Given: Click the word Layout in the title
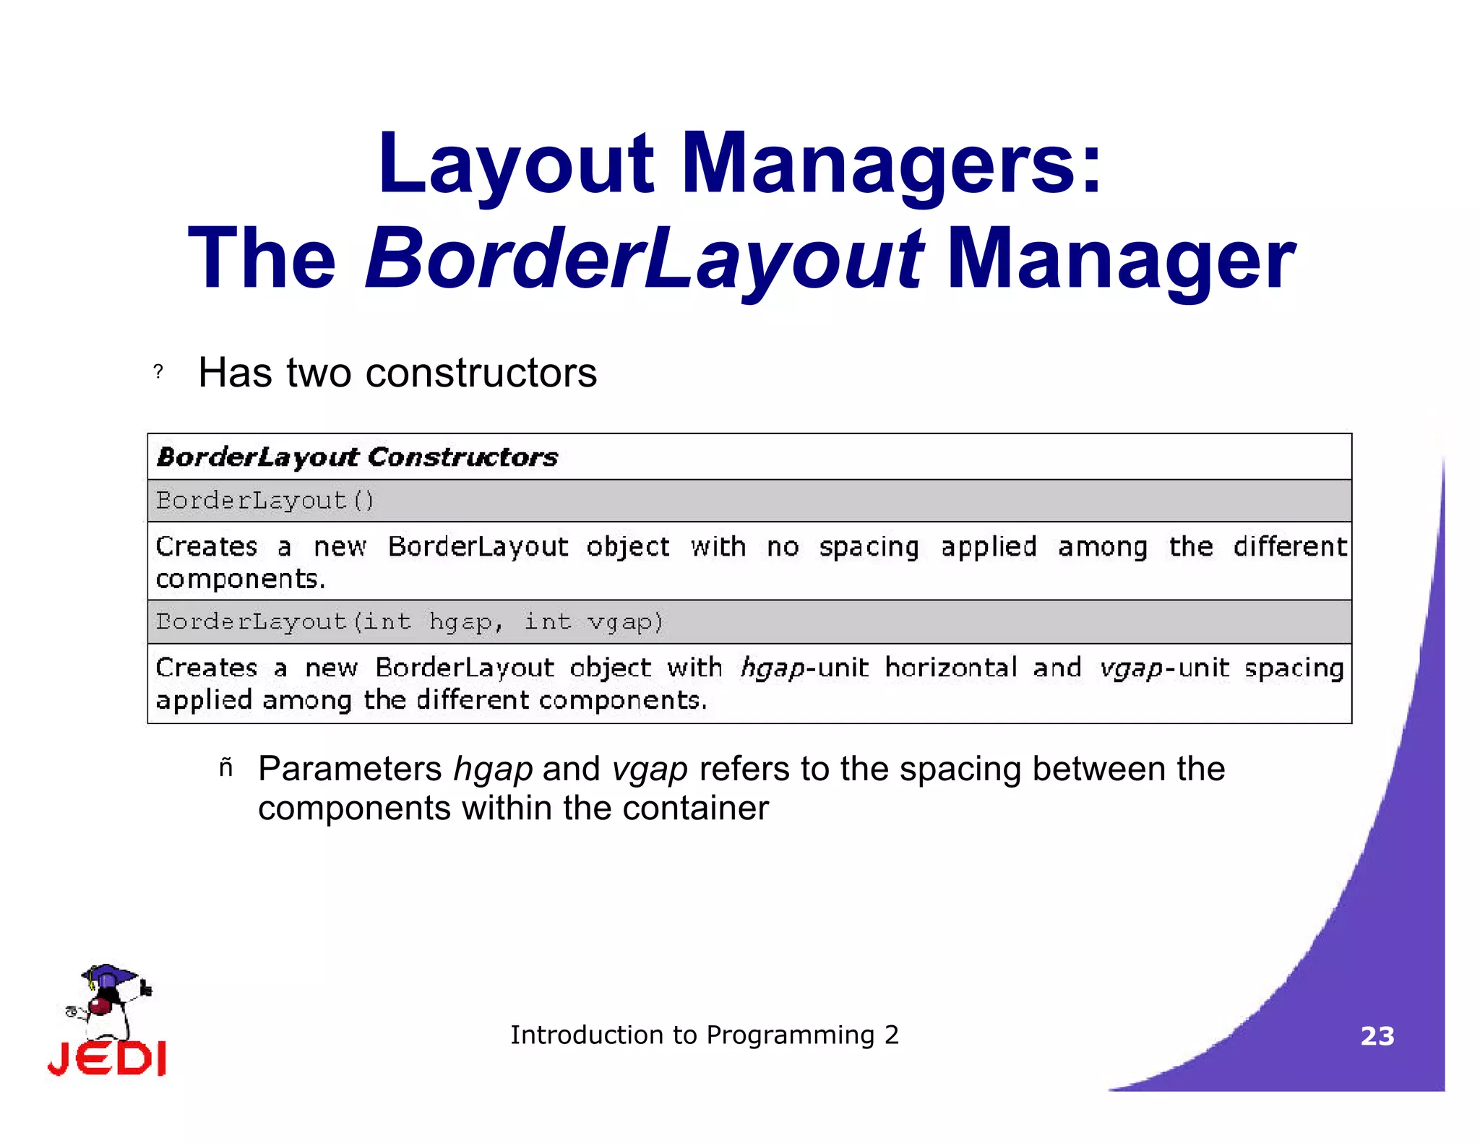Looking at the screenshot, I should tap(515, 164).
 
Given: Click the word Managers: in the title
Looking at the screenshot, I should tap(892, 164).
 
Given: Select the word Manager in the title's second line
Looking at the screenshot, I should tap(1121, 259).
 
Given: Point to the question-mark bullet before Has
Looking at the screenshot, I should tap(158, 372).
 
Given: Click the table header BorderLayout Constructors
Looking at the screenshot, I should tap(357, 457).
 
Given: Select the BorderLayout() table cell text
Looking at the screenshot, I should tap(265, 500).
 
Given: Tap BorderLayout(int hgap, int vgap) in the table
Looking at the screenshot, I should tap(410, 621).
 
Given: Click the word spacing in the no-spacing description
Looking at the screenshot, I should tap(869, 548).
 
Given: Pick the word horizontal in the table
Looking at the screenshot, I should tap(951, 668).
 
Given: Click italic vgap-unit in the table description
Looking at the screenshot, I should tap(1163, 668).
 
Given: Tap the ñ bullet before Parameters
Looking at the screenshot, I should tap(226, 768).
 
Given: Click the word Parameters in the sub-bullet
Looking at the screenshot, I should tap(350, 769).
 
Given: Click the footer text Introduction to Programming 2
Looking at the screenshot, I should tap(705, 1035).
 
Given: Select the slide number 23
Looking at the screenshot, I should tap(1377, 1036).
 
